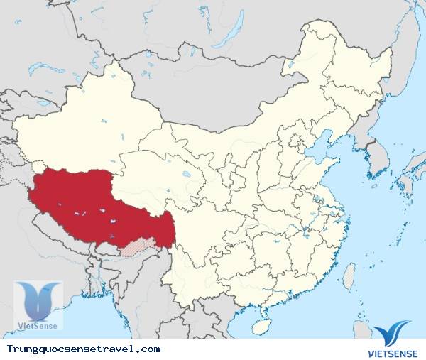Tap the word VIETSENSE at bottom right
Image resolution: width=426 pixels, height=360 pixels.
[x=392, y=351]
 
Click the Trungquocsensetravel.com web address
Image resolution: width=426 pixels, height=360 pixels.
[x=83, y=349]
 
